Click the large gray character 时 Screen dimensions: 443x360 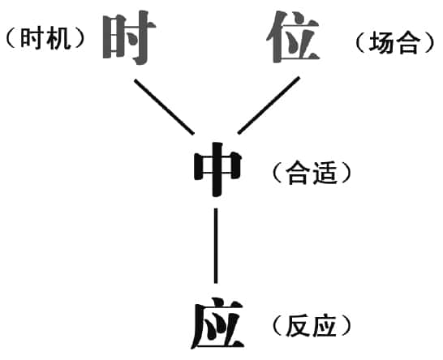[128, 37]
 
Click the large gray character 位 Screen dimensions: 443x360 [293, 36]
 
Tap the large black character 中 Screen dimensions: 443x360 [217, 169]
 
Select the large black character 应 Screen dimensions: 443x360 [217, 323]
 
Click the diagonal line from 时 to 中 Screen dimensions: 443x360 [164, 106]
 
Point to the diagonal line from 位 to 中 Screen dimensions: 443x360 [269, 105]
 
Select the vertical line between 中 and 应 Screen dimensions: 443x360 [216, 246]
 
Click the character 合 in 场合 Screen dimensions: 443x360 [406, 42]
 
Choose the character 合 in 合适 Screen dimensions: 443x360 [297, 173]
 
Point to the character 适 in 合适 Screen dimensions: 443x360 [325, 173]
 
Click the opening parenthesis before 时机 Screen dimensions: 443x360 [11, 39]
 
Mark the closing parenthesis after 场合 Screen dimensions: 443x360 [429, 42]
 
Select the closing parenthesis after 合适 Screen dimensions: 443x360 [346, 173]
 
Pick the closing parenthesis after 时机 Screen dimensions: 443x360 [80, 39]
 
